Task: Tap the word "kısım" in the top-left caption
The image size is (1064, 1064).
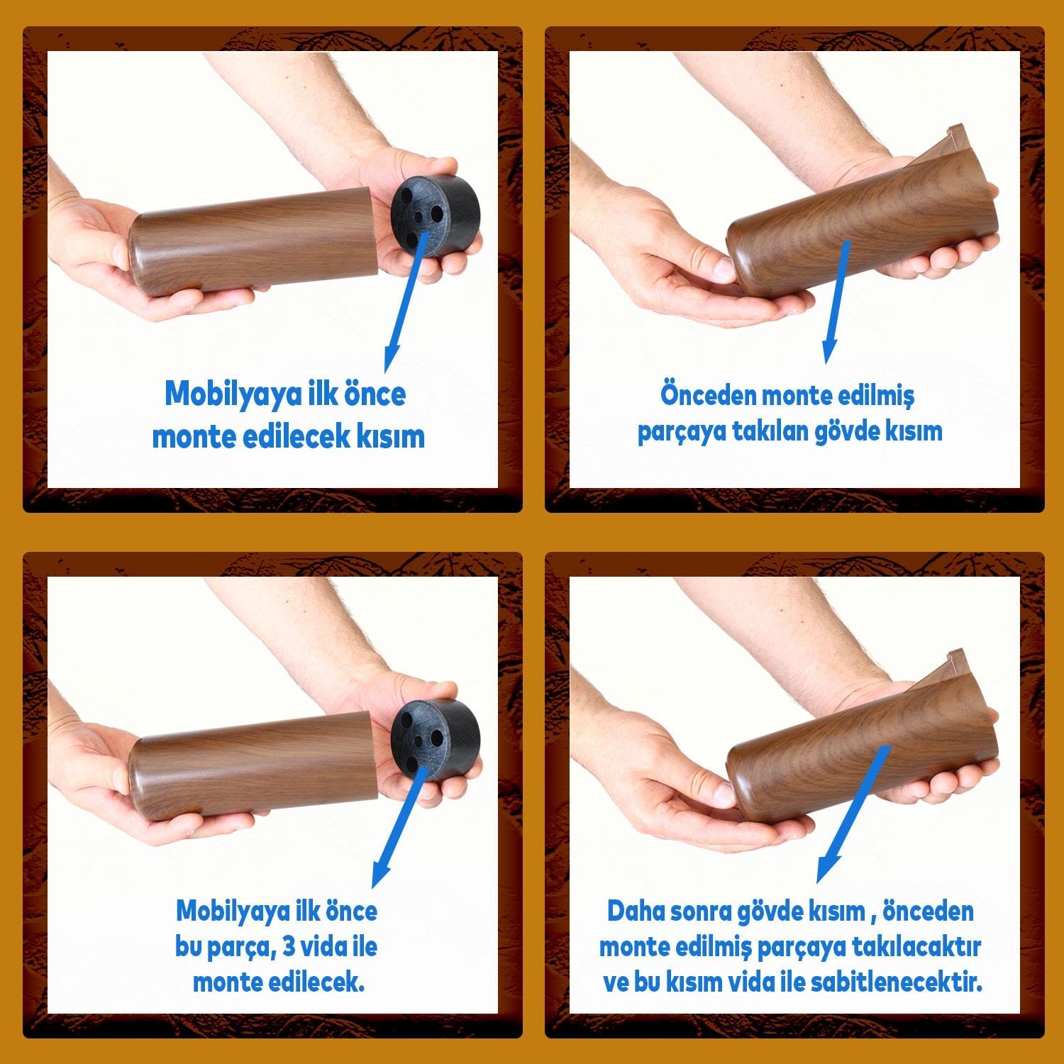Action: pyautogui.click(x=387, y=436)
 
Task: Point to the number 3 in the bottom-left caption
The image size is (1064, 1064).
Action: pyautogui.click(x=289, y=946)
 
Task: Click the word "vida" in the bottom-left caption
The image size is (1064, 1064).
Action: pyautogui.click(x=328, y=946)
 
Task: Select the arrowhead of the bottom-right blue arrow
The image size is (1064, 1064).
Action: pyautogui.click(x=828, y=867)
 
